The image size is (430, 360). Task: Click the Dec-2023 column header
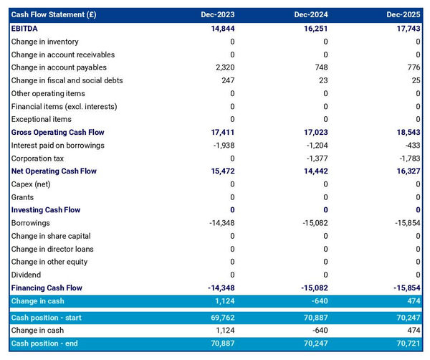click(x=219, y=15)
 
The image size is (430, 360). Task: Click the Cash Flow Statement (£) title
click(x=54, y=15)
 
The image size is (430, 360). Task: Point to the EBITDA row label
click(x=25, y=29)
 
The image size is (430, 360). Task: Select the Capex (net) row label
click(x=31, y=184)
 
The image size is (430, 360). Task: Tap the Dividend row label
click(x=26, y=275)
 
